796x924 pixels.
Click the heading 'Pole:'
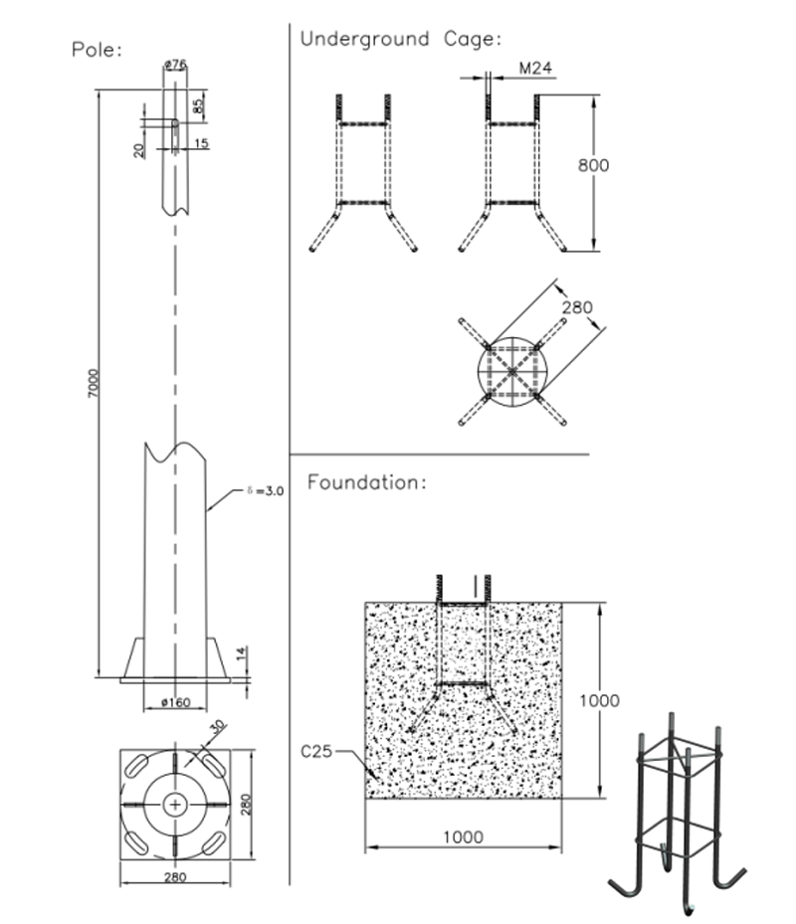pyautogui.click(x=97, y=50)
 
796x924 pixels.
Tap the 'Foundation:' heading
pyautogui.click(x=367, y=483)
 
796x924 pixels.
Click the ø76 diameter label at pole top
pyautogui.click(x=176, y=66)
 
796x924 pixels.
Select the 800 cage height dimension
pyautogui.click(x=594, y=165)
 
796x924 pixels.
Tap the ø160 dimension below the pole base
pyautogui.click(x=175, y=703)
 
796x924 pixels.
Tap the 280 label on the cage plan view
pyautogui.click(x=577, y=307)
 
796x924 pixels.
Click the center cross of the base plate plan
pyautogui.click(x=175, y=803)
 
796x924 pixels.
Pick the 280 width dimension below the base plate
pyautogui.click(x=174, y=877)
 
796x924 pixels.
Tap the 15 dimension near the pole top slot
pyautogui.click(x=201, y=143)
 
